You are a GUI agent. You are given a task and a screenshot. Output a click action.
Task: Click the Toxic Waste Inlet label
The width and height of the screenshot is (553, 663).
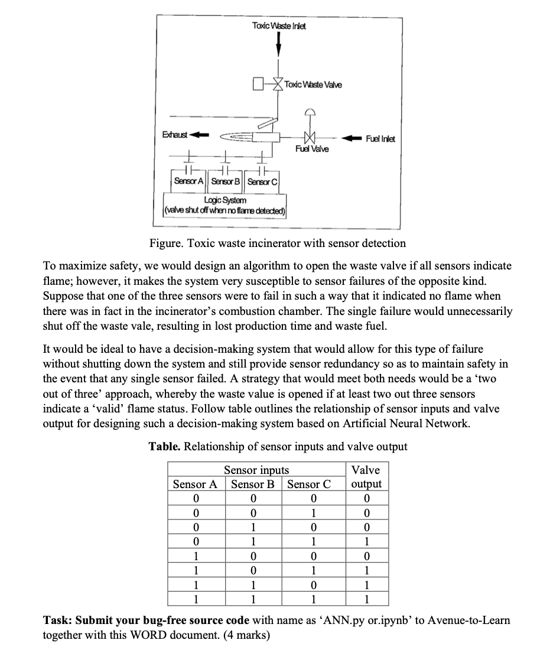tap(279, 26)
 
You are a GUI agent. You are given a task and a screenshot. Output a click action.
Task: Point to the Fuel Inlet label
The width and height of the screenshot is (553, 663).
tap(380, 138)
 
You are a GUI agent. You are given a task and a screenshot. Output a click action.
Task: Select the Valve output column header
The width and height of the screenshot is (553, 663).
tap(366, 477)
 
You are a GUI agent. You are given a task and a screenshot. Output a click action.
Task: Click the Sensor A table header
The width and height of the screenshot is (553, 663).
tap(195, 484)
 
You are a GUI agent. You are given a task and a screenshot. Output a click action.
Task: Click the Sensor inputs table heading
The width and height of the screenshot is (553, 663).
tap(256, 470)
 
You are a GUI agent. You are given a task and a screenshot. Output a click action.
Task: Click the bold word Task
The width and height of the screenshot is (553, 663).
tap(58, 620)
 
